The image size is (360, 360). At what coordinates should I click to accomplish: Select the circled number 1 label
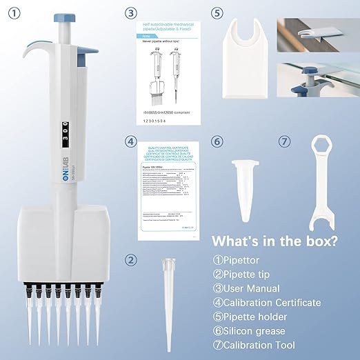pyautogui.click(x=10, y=12)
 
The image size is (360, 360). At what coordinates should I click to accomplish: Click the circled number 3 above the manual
pyautogui.click(x=132, y=12)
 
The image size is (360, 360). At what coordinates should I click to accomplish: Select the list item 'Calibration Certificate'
pyautogui.click(x=266, y=302)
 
